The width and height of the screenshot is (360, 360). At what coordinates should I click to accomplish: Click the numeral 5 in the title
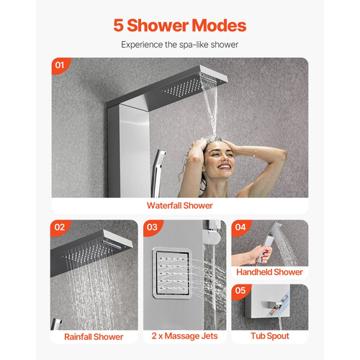click(x=119, y=25)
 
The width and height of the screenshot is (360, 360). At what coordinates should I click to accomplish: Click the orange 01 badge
click(x=60, y=66)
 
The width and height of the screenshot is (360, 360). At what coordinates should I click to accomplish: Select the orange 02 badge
click(x=60, y=228)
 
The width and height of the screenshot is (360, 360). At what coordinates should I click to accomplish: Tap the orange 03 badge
click(x=153, y=228)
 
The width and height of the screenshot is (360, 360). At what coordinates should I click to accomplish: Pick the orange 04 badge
click(x=240, y=228)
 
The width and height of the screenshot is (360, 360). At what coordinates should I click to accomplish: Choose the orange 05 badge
click(x=240, y=291)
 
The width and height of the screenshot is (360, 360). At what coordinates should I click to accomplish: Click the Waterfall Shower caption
click(x=180, y=206)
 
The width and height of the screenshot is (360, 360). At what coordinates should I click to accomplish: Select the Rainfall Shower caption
click(x=94, y=337)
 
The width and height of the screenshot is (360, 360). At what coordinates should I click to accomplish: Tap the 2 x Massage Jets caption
click(x=184, y=336)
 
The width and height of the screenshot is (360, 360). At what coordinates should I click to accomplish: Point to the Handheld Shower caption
click(x=269, y=272)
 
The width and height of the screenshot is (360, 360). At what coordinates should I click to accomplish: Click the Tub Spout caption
click(x=270, y=336)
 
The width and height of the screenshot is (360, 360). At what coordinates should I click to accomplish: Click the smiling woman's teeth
click(x=225, y=166)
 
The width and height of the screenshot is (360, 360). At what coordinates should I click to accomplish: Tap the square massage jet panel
click(x=172, y=273)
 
